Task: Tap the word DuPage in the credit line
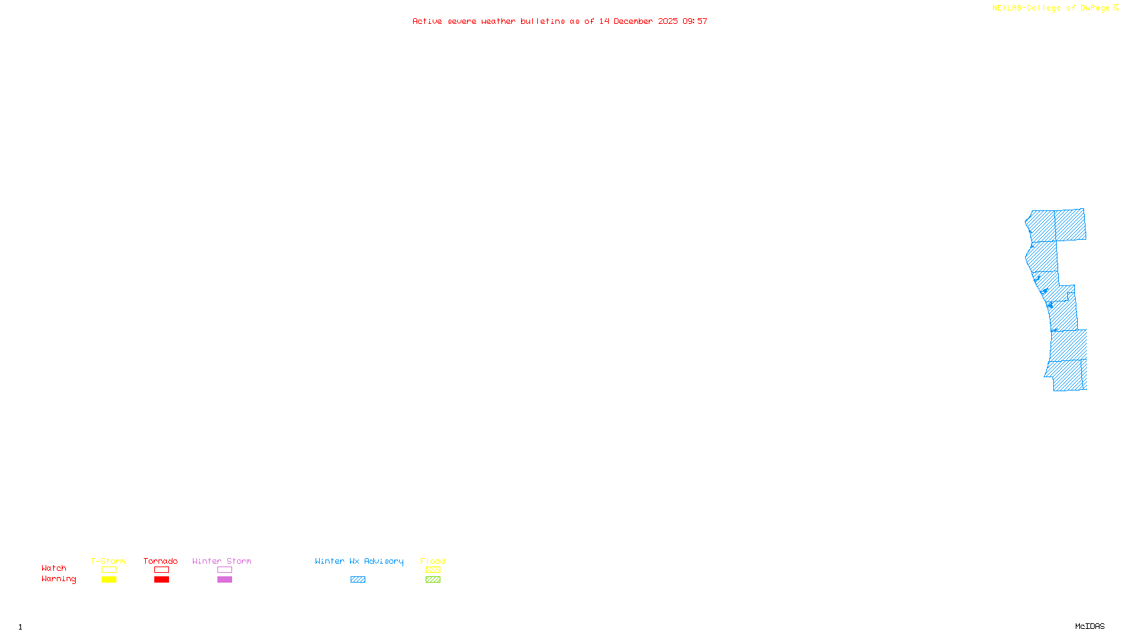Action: coord(1095,8)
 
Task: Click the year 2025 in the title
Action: coord(668,22)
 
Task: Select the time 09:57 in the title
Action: coord(695,22)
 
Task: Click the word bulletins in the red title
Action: coord(542,22)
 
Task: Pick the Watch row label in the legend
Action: coord(54,569)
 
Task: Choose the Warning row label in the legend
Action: coord(58,579)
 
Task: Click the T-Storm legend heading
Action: coord(108,561)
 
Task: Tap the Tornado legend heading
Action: coord(161,561)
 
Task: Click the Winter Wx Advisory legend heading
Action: coord(359,561)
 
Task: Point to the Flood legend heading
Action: coord(433,561)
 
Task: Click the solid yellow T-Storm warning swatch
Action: coord(109,580)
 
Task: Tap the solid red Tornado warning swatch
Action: coord(161,580)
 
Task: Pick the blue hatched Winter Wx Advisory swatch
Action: coord(358,580)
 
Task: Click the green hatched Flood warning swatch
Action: coord(433,580)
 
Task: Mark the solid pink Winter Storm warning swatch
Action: coord(224,580)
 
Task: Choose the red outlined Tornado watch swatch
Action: coord(161,570)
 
